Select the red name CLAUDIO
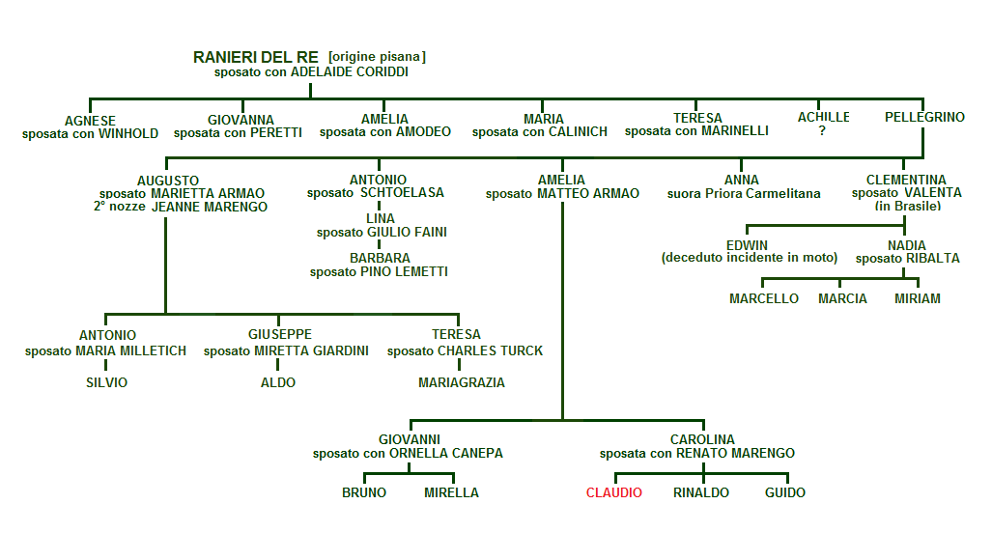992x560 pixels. (x=614, y=492)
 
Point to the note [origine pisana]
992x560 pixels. (x=377, y=57)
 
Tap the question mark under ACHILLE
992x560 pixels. (x=822, y=131)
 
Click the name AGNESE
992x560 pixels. (x=90, y=121)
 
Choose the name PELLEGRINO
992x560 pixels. (x=924, y=118)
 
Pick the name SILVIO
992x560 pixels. (x=106, y=382)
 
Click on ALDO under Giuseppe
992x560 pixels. (x=278, y=382)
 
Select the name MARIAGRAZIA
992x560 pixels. (x=462, y=382)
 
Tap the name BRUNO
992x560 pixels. (x=364, y=492)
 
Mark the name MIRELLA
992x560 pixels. (x=451, y=492)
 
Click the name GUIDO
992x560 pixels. (x=785, y=492)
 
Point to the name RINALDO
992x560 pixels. (x=701, y=492)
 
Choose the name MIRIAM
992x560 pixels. (x=917, y=298)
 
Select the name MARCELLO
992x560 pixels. (x=764, y=298)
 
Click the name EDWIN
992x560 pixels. (x=747, y=245)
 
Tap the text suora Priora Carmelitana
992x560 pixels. (x=744, y=193)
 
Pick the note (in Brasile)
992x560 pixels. (x=907, y=206)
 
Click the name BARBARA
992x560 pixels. (x=380, y=258)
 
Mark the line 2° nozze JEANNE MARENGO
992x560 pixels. (x=181, y=207)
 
